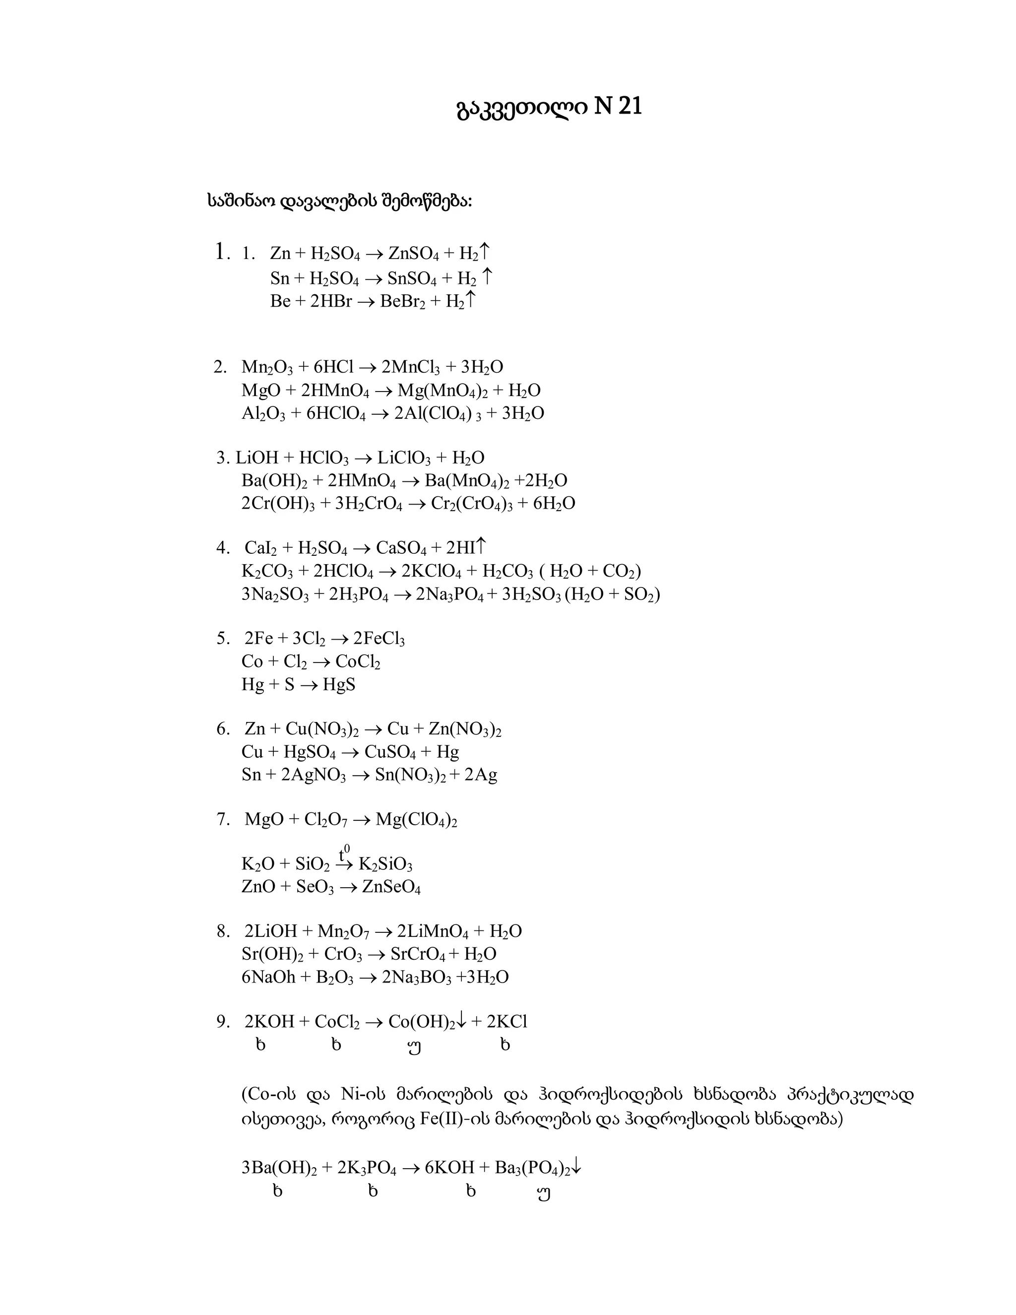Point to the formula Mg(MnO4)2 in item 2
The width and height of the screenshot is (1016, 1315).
pos(442,391)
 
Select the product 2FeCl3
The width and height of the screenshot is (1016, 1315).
pos(379,639)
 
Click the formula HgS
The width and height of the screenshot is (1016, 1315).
pos(339,685)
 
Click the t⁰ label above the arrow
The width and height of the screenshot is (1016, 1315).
pos(344,853)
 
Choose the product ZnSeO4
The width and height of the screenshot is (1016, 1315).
pos(391,888)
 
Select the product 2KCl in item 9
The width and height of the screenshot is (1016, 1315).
pos(507,1022)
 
